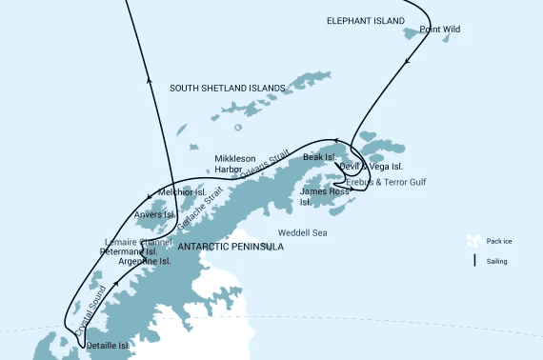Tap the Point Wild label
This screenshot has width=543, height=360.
click(438, 30)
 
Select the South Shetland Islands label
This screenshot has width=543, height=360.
click(227, 89)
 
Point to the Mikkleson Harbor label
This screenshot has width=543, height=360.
click(234, 164)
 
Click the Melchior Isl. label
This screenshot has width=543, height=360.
click(182, 192)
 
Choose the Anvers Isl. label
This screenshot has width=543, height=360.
click(154, 215)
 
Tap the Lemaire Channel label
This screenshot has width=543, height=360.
click(138, 242)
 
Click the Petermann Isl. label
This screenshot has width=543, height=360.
click(127, 252)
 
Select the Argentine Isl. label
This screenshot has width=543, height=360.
click(145, 261)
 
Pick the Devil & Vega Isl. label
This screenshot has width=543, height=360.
click(371, 168)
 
